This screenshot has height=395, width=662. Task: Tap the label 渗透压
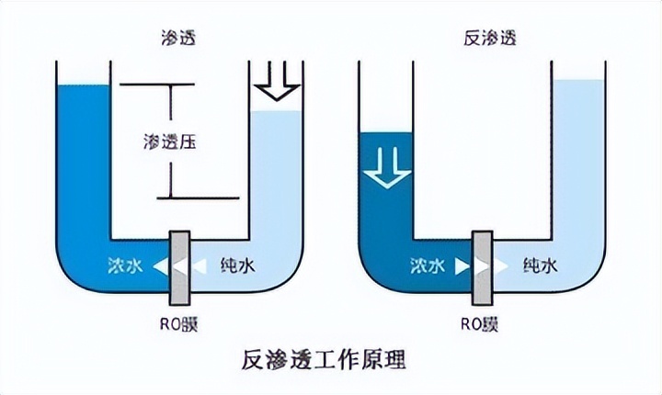171,142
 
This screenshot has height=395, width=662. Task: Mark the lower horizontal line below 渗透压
197,197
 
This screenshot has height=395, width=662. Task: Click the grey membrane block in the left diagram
179,265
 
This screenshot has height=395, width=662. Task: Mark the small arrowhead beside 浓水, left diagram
160,266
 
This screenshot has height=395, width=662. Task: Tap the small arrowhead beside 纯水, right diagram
501,266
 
